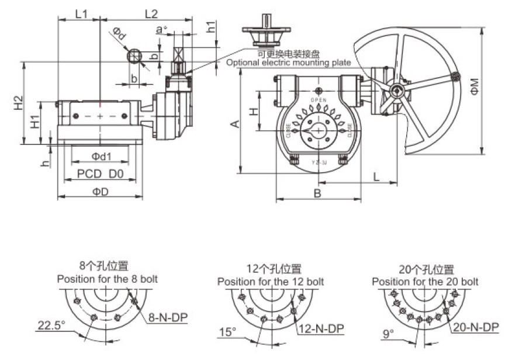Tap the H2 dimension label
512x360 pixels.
pos(18,103)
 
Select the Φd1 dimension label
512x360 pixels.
pos(101,156)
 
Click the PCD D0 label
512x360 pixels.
pos(100,174)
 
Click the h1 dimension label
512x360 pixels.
pos(212,26)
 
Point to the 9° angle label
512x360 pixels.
pos(388,334)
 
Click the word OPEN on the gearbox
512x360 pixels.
pos(319,100)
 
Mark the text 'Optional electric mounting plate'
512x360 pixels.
pos(288,63)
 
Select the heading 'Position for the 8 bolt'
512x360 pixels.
pos(107,279)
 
